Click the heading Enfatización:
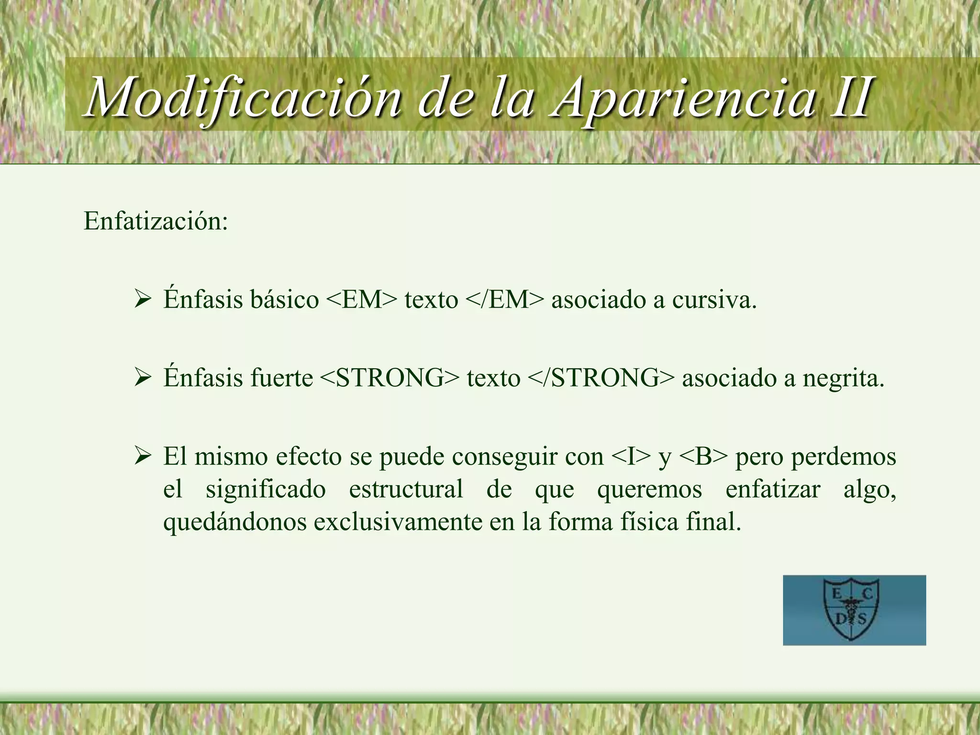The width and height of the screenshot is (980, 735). click(x=156, y=221)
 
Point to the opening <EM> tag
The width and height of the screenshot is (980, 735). click(x=362, y=300)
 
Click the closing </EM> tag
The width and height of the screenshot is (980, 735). click(x=505, y=300)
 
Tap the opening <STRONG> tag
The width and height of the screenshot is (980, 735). click(x=389, y=378)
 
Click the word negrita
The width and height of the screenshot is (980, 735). click(x=843, y=378)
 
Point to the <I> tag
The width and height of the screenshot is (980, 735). click(x=632, y=457)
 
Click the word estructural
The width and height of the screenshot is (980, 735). click(x=406, y=489)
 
